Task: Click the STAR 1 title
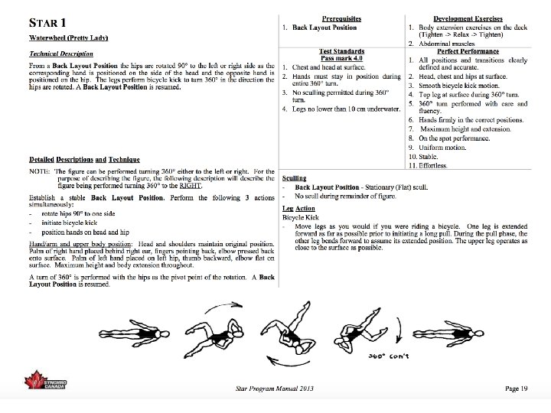(51, 23)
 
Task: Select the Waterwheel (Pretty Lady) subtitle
(68, 38)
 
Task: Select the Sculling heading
(295, 177)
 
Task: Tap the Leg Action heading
(298, 208)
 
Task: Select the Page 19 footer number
(517, 389)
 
